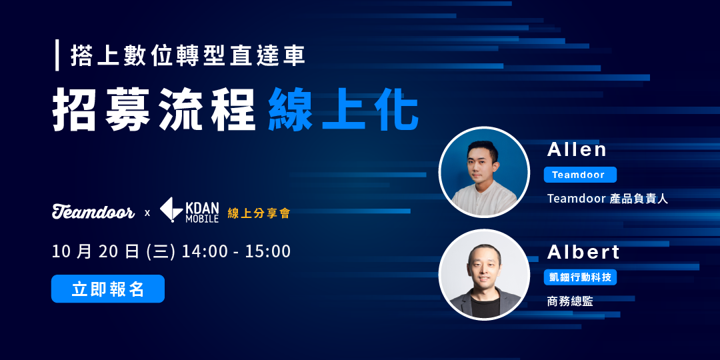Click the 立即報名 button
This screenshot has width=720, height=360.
tap(107, 289)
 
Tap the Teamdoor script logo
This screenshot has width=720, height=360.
tap(93, 212)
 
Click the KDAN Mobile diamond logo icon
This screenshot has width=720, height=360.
tap(171, 209)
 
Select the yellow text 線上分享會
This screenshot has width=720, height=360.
tap(259, 213)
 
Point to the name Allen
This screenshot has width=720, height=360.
tap(577, 149)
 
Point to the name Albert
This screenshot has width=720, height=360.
tap(583, 252)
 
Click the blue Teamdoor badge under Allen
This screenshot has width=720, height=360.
tap(579, 175)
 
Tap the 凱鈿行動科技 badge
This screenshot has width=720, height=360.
tap(579, 277)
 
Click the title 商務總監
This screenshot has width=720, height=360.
tap(569, 301)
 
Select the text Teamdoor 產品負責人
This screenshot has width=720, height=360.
tap(607, 199)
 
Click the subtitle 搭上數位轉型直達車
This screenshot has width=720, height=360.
tap(187, 56)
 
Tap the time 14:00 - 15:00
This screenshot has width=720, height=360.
tap(236, 251)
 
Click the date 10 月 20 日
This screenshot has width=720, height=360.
tap(95, 251)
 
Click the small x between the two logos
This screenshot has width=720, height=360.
tap(147, 213)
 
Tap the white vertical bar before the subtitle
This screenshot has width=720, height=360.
tap(58, 55)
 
